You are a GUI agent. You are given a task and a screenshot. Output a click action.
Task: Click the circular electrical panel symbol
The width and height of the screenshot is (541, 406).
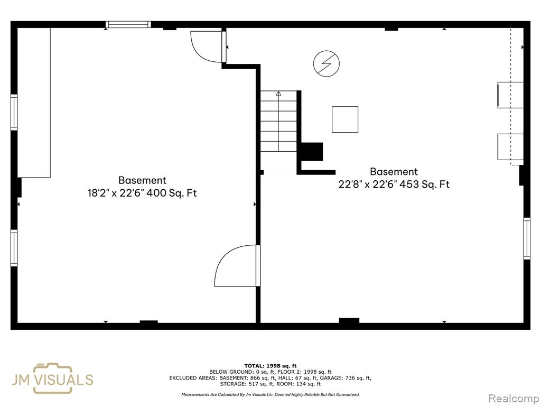point(327,63)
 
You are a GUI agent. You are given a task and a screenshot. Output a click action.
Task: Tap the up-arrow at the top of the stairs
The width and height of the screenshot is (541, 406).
point(278,93)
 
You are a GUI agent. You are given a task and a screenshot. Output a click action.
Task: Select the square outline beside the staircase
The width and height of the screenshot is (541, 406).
point(345,119)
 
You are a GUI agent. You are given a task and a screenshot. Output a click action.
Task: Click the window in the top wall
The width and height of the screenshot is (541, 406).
point(128,24)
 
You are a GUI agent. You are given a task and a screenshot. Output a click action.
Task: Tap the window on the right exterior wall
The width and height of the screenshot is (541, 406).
point(527,238)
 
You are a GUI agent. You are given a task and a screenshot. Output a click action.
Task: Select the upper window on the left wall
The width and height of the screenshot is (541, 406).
point(14,112)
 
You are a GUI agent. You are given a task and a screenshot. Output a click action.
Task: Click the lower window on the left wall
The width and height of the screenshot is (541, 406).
point(14,248)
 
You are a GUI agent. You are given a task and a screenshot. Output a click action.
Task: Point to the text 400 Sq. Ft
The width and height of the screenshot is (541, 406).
point(172,193)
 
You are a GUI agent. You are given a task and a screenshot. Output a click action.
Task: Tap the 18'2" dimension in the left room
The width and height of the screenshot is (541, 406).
point(98,193)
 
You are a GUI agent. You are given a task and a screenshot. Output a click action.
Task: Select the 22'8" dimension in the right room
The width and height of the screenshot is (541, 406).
point(350,184)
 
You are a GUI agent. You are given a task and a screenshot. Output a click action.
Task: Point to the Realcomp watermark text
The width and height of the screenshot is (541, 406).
point(514,399)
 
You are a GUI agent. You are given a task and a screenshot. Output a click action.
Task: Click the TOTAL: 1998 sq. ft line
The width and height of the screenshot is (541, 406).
point(270,366)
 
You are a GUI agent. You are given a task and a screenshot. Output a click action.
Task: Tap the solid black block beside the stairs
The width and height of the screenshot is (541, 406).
point(312,152)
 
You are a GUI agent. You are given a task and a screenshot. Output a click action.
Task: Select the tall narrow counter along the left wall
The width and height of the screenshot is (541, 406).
point(34,103)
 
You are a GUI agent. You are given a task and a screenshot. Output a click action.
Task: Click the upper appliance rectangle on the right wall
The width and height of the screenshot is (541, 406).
point(510,95)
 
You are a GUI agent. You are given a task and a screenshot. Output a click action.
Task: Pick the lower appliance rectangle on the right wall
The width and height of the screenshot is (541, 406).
point(510,147)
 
